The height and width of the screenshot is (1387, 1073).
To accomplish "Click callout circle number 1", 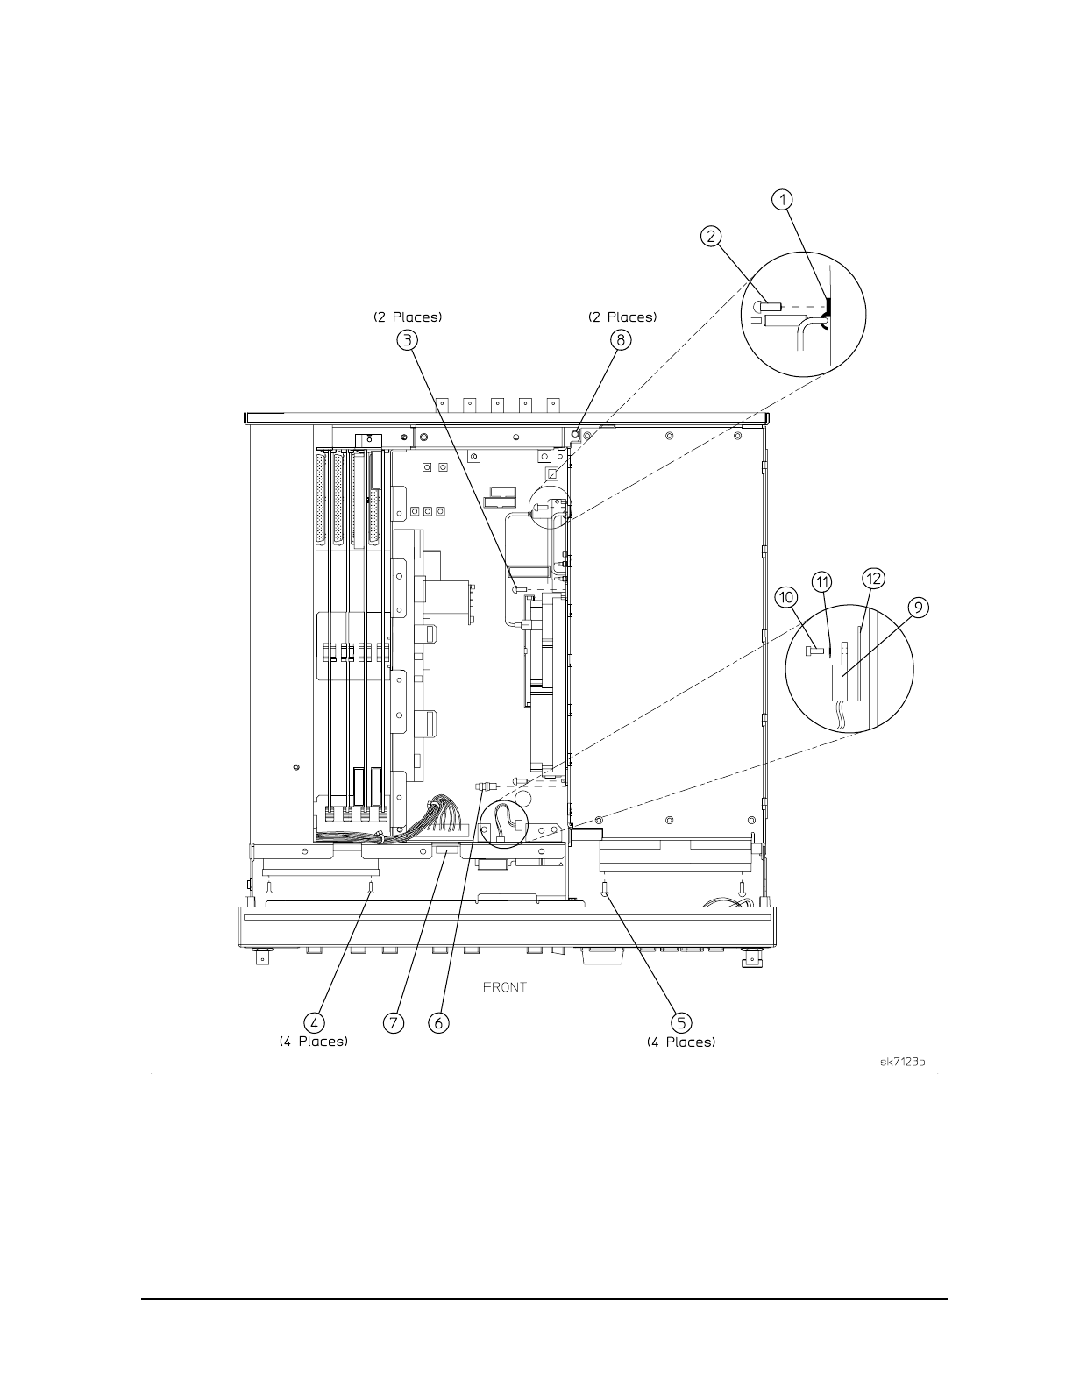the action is click(x=782, y=200).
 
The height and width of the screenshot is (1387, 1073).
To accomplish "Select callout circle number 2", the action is click(x=711, y=237).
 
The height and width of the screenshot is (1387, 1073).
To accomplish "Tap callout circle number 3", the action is click(x=408, y=339).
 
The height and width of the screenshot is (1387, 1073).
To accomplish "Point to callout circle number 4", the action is click(x=314, y=1023).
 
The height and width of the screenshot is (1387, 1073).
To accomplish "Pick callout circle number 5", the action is click(x=681, y=1023).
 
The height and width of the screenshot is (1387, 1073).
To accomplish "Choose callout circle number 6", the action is click(x=438, y=1023).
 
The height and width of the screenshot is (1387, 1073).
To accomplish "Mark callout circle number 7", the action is click(x=394, y=1023).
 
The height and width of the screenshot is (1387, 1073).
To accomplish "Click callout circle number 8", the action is click(x=621, y=339).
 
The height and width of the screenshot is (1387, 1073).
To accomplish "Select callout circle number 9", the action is click(x=918, y=607).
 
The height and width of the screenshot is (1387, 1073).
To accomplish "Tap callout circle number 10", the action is click(x=786, y=597).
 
